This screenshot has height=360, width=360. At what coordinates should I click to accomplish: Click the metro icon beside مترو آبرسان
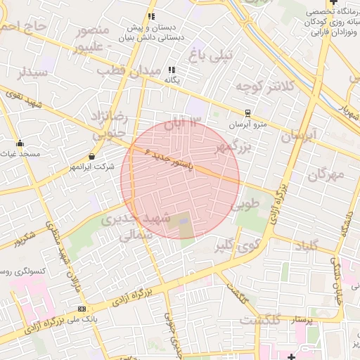coord(247,112)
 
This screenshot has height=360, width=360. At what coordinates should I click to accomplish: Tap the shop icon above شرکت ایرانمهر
coord(92,156)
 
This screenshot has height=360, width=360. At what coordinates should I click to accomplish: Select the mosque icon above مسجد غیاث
coord(20,143)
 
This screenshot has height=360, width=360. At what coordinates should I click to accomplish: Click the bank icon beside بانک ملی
coord(82,309)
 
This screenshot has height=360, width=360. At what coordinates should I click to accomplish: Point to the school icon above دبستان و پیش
coord(150,16)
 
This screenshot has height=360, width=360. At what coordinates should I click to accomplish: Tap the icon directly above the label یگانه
coord(172,70)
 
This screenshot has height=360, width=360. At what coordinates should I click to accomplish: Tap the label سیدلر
coord(32,72)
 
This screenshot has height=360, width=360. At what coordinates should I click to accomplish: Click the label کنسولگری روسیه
coord(22,271)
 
